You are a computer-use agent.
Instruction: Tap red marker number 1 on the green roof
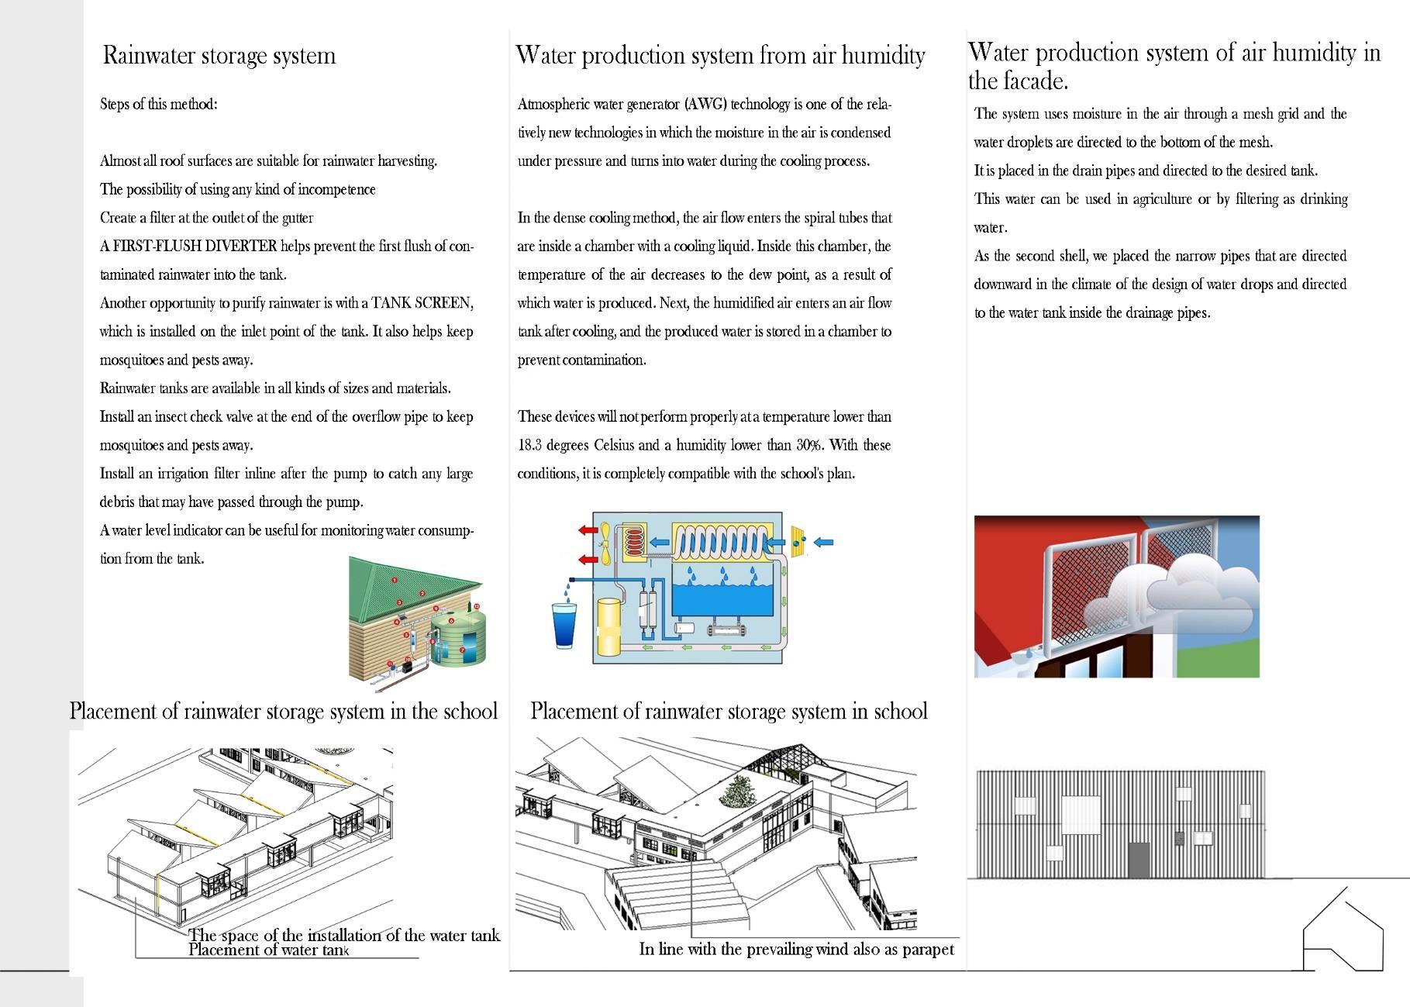point(395,579)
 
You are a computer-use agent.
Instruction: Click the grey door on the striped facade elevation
point(1139,860)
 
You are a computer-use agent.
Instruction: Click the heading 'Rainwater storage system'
point(219,56)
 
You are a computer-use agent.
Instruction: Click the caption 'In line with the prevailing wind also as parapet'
point(796,950)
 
